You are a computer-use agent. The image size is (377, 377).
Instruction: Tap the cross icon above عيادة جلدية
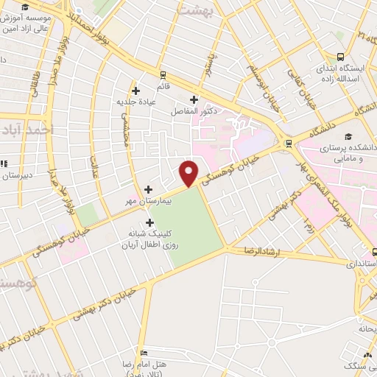[136, 91]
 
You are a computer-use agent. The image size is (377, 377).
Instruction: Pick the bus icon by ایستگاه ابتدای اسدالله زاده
[340, 57]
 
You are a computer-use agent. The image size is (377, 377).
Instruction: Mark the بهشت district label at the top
[218, 11]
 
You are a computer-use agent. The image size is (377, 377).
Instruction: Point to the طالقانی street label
[35, 77]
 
